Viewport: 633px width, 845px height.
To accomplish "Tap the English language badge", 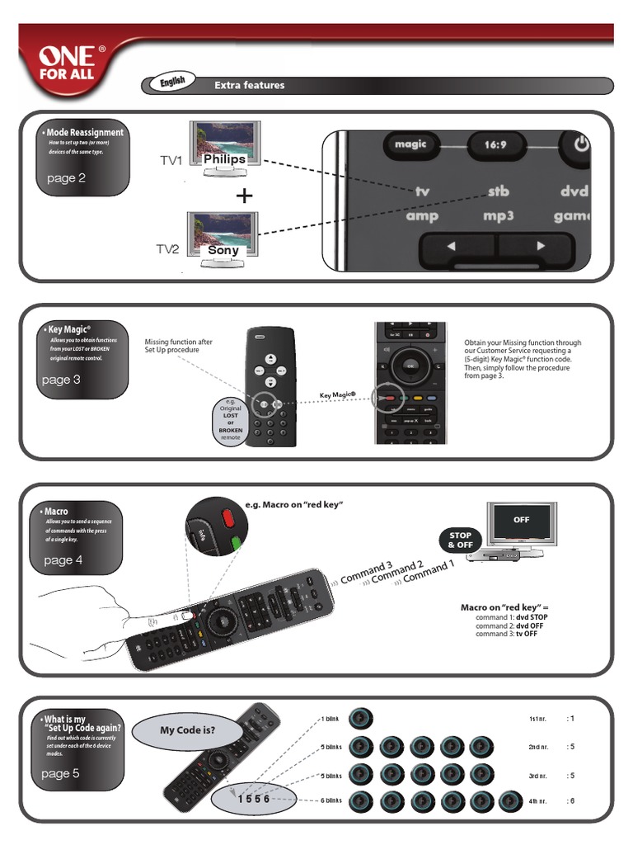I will coord(171,83).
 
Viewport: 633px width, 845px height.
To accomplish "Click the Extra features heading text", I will coord(249,85).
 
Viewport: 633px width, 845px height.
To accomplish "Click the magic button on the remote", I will coord(410,144).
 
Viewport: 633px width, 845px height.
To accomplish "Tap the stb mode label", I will coord(498,191).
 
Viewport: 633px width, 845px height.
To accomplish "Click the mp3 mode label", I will coord(498,216).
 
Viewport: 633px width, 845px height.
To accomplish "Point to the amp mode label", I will coord(422,216).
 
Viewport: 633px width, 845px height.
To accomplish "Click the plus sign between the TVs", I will coord(243,196).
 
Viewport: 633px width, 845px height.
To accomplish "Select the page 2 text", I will coord(66,177).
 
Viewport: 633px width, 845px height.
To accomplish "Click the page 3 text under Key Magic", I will coord(61,380).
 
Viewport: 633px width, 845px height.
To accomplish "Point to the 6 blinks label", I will coord(331,801).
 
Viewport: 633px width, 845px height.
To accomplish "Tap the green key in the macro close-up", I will coord(237,543).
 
